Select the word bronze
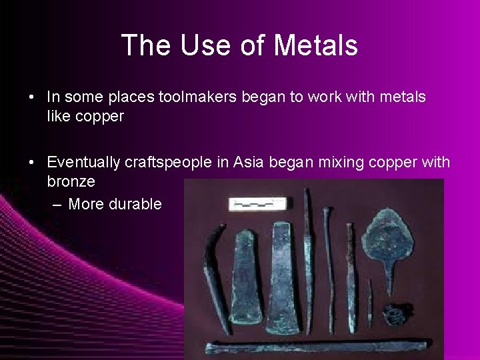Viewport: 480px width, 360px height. click(71, 181)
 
